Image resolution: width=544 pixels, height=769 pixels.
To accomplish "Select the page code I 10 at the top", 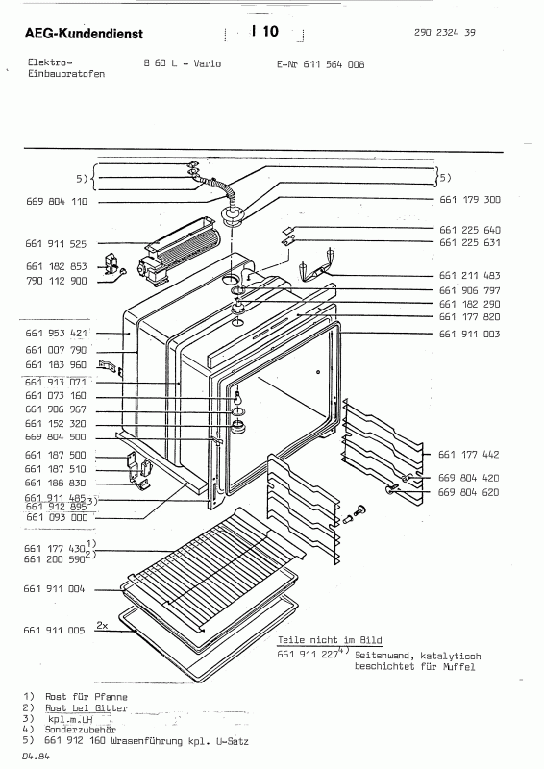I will pos(264,32).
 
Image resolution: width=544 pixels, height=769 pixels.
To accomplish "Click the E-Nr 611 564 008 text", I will pos(315,65).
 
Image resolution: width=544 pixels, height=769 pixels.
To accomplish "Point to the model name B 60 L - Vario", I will pos(183,65).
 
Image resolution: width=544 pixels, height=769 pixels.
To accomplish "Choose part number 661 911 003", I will pos(471,334).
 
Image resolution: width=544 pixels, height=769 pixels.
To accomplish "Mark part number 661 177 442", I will pos(471,454).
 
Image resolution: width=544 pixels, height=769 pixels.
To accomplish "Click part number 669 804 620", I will pos(471,491).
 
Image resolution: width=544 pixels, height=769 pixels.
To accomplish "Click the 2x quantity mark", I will pos(102,625).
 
